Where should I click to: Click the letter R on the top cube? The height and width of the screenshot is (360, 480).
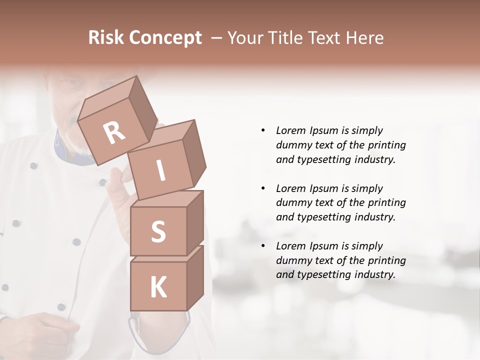pyautogui.click(x=114, y=133)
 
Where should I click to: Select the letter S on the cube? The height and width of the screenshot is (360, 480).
pyautogui.click(x=158, y=231)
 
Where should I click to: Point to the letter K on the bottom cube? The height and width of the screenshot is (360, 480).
pyautogui.click(x=158, y=287)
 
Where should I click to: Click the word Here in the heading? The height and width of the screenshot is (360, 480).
pyautogui.click(x=365, y=38)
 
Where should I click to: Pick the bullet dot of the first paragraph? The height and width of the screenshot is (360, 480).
pyautogui.click(x=263, y=131)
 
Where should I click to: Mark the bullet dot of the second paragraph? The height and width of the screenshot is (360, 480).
pyautogui.click(x=263, y=188)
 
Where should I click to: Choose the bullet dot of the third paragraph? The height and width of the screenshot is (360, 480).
pyautogui.click(x=263, y=246)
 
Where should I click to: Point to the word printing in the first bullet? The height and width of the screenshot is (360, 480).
pyautogui.click(x=386, y=145)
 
